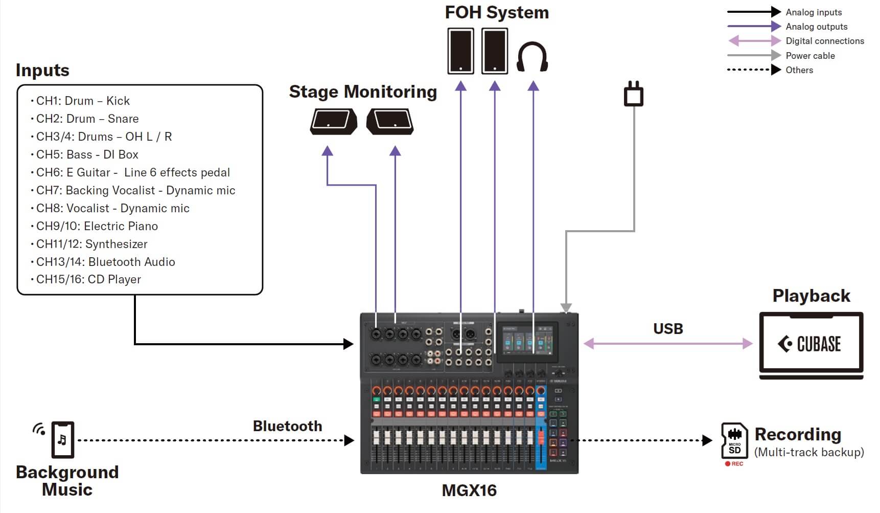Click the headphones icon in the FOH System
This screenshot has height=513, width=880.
tap(532, 56)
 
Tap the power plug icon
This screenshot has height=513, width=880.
tap(634, 94)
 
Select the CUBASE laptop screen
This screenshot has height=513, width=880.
tap(811, 344)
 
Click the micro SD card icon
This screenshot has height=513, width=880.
tap(734, 441)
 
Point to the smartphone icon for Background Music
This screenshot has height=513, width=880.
tap(62, 440)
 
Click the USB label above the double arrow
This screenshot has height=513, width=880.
tap(668, 329)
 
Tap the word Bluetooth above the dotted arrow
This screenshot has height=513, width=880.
tap(287, 426)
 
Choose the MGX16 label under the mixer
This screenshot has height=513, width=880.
tap(469, 490)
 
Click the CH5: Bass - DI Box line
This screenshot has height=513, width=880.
tap(87, 154)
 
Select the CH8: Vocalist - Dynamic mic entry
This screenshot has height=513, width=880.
tap(113, 208)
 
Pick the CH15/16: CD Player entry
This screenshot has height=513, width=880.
tap(88, 279)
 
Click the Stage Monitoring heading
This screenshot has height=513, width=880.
tap(363, 92)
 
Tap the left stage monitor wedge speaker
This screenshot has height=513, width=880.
tap(333, 122)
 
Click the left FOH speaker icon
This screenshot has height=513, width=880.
tap(460, 51)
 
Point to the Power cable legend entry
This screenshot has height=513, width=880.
tap(810, 56)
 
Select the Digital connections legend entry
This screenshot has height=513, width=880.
tap(824, 41)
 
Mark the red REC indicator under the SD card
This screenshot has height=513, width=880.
tap(734, 464)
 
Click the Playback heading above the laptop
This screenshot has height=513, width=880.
tap(811, 296)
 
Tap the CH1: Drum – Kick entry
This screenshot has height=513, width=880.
tap(83, 101)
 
